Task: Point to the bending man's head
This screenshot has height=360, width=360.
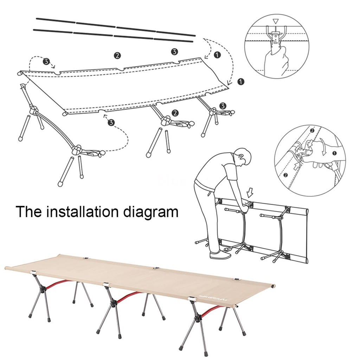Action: [243, 157]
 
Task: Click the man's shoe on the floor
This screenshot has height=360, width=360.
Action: [220, 255]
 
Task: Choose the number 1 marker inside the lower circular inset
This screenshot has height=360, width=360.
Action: [334, 153]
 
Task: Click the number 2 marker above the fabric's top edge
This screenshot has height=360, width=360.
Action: [117, 55]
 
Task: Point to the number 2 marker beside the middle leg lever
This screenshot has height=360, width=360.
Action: [175, 113]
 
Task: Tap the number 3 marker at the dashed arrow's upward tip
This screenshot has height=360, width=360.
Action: [111, 122]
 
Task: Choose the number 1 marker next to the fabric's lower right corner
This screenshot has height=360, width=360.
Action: [240, 82]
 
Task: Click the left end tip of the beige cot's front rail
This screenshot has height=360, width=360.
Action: [6, 268]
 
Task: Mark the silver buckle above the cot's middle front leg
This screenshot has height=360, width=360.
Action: [106, 284]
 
